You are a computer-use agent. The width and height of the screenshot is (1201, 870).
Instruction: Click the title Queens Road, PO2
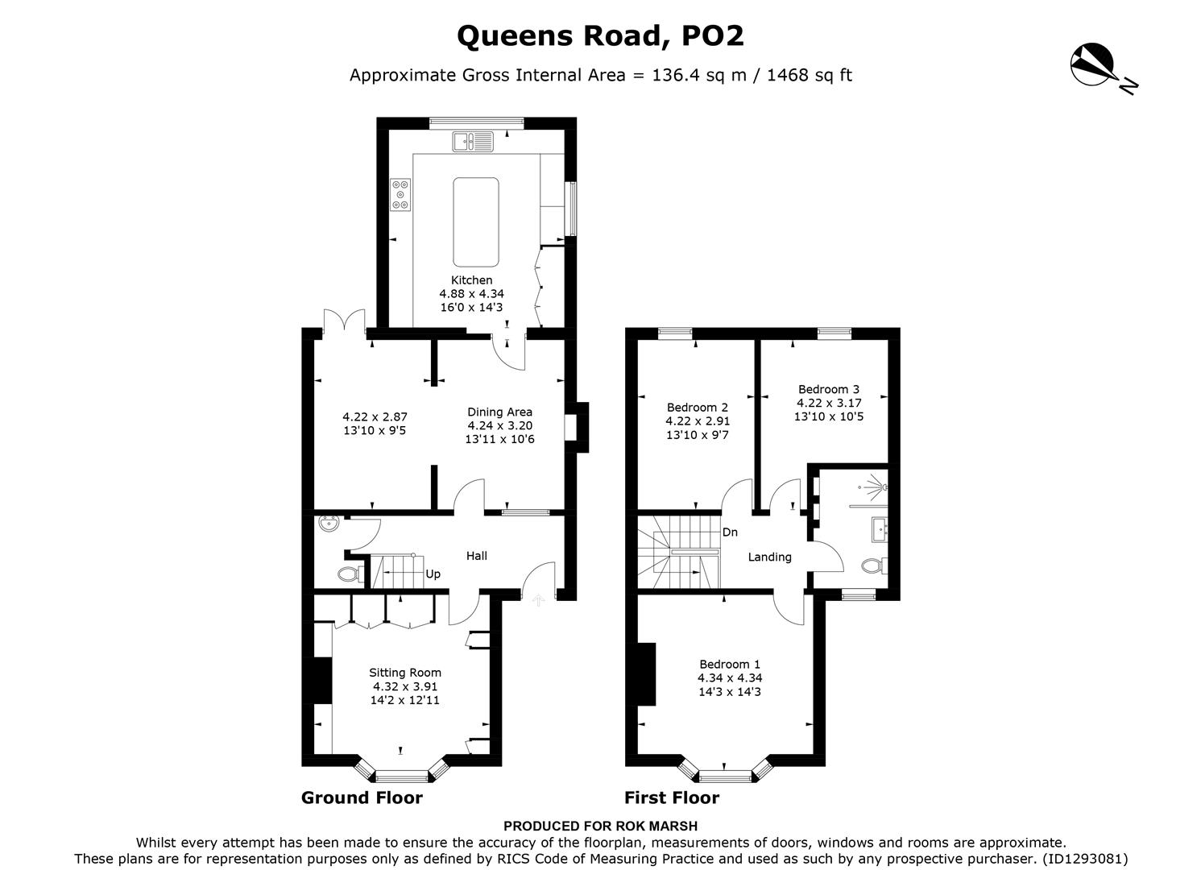pyautogui.click(x=600, y=35)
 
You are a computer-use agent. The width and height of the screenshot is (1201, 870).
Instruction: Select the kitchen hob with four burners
pyautogui.click(x=400, y=194)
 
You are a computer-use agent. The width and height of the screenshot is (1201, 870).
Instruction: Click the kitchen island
pyautogui.click(x=475, y=222)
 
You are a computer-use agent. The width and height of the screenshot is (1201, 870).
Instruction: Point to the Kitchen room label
pyautogui.click(x=471, y=280)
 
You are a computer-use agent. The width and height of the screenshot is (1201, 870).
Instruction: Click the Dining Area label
pyautogui.click(x=499, y=412)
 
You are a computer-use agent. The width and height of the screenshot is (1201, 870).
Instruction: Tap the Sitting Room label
pyautogui.click(x=405, y=673)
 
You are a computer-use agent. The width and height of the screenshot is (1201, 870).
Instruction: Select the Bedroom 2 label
pyautogui.click(x=698, y=407)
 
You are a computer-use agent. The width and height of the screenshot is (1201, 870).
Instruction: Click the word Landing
pyautogui.click(x=769, y=557)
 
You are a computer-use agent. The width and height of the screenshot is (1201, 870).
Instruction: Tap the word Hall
pyautogui.click(x=477, y=555)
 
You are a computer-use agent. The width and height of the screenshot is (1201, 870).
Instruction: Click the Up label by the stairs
pyautogui.click(x=433, y=574)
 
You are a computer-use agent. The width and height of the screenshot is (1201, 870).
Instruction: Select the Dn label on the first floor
pyautogui.click(x=730, y=532)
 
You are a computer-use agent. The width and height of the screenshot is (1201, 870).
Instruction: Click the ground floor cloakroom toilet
pyautogui.click(x=348, y=574)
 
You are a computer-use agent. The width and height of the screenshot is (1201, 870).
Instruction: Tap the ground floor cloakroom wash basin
pyautogui.click(x=328, y=525)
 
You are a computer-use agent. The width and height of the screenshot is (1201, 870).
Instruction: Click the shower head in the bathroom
pyautogui.click(x=884, y=487)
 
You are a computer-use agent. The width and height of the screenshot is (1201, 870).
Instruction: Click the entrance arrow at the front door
pyautogui.click(x=538, y=599)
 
